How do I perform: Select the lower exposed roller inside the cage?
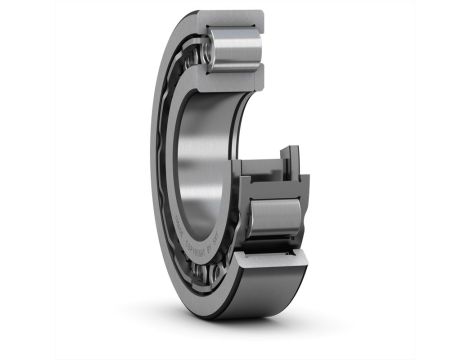[x=273, y=216]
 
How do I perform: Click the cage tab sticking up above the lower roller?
[x=289, y=157]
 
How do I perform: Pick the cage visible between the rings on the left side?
[x=171, y=150]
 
